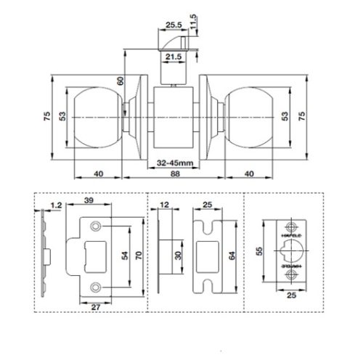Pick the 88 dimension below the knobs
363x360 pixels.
(173, 175)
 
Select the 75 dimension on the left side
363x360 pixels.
(47, 115)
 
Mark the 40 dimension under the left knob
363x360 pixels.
(98, 175)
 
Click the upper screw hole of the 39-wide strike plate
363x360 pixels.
(95, 229)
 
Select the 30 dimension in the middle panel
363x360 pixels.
(179, 256)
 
